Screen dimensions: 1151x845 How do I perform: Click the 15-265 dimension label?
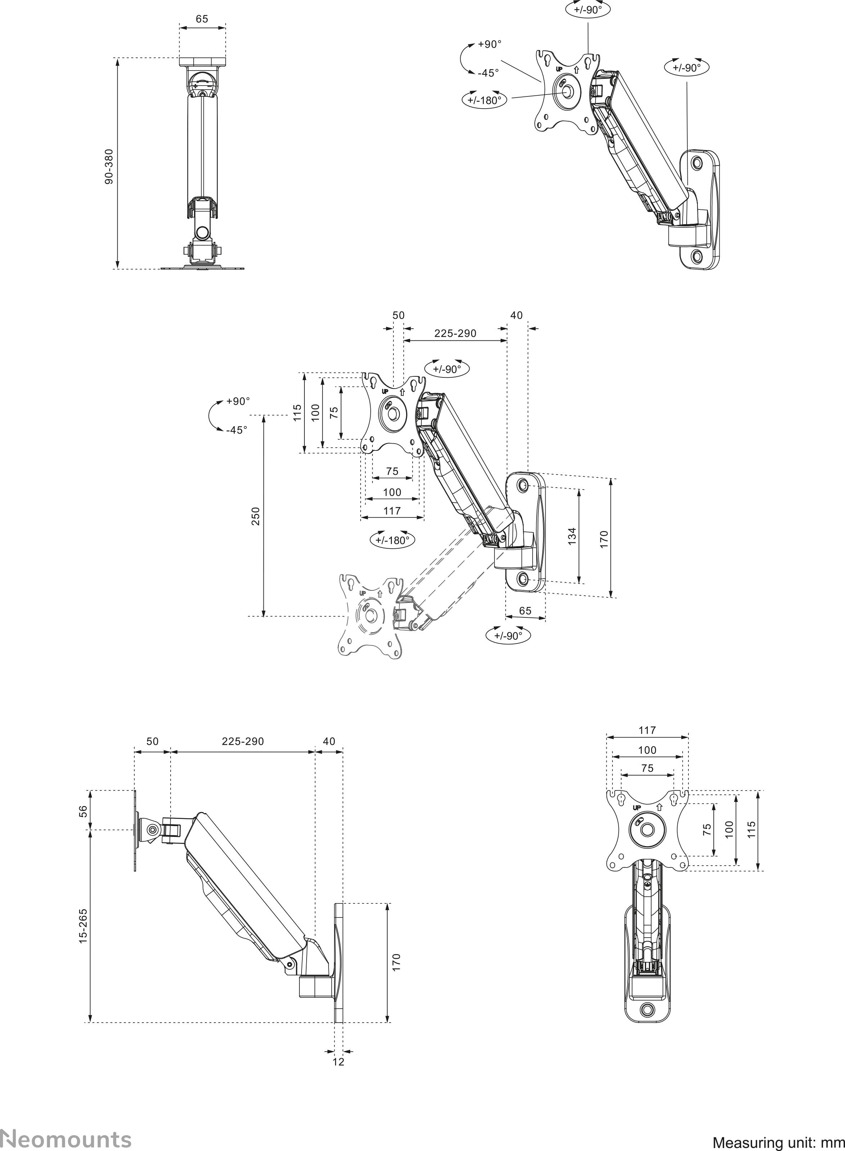click(83, 925)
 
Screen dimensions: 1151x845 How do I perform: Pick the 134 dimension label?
click(572, 535)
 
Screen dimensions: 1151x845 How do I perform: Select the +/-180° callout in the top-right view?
click(484, 100)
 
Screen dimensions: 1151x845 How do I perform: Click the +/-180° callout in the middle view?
click(392, 540)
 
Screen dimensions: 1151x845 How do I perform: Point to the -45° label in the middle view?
click(236, 430)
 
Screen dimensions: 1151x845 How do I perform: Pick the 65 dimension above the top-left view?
click(202, 19)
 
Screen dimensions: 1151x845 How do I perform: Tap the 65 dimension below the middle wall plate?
click(525, 611)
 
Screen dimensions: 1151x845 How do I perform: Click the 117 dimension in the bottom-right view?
click(647, 730)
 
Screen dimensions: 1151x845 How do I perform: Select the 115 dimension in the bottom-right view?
click(751, 828)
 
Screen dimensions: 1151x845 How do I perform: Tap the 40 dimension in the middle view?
click(517, 316)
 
